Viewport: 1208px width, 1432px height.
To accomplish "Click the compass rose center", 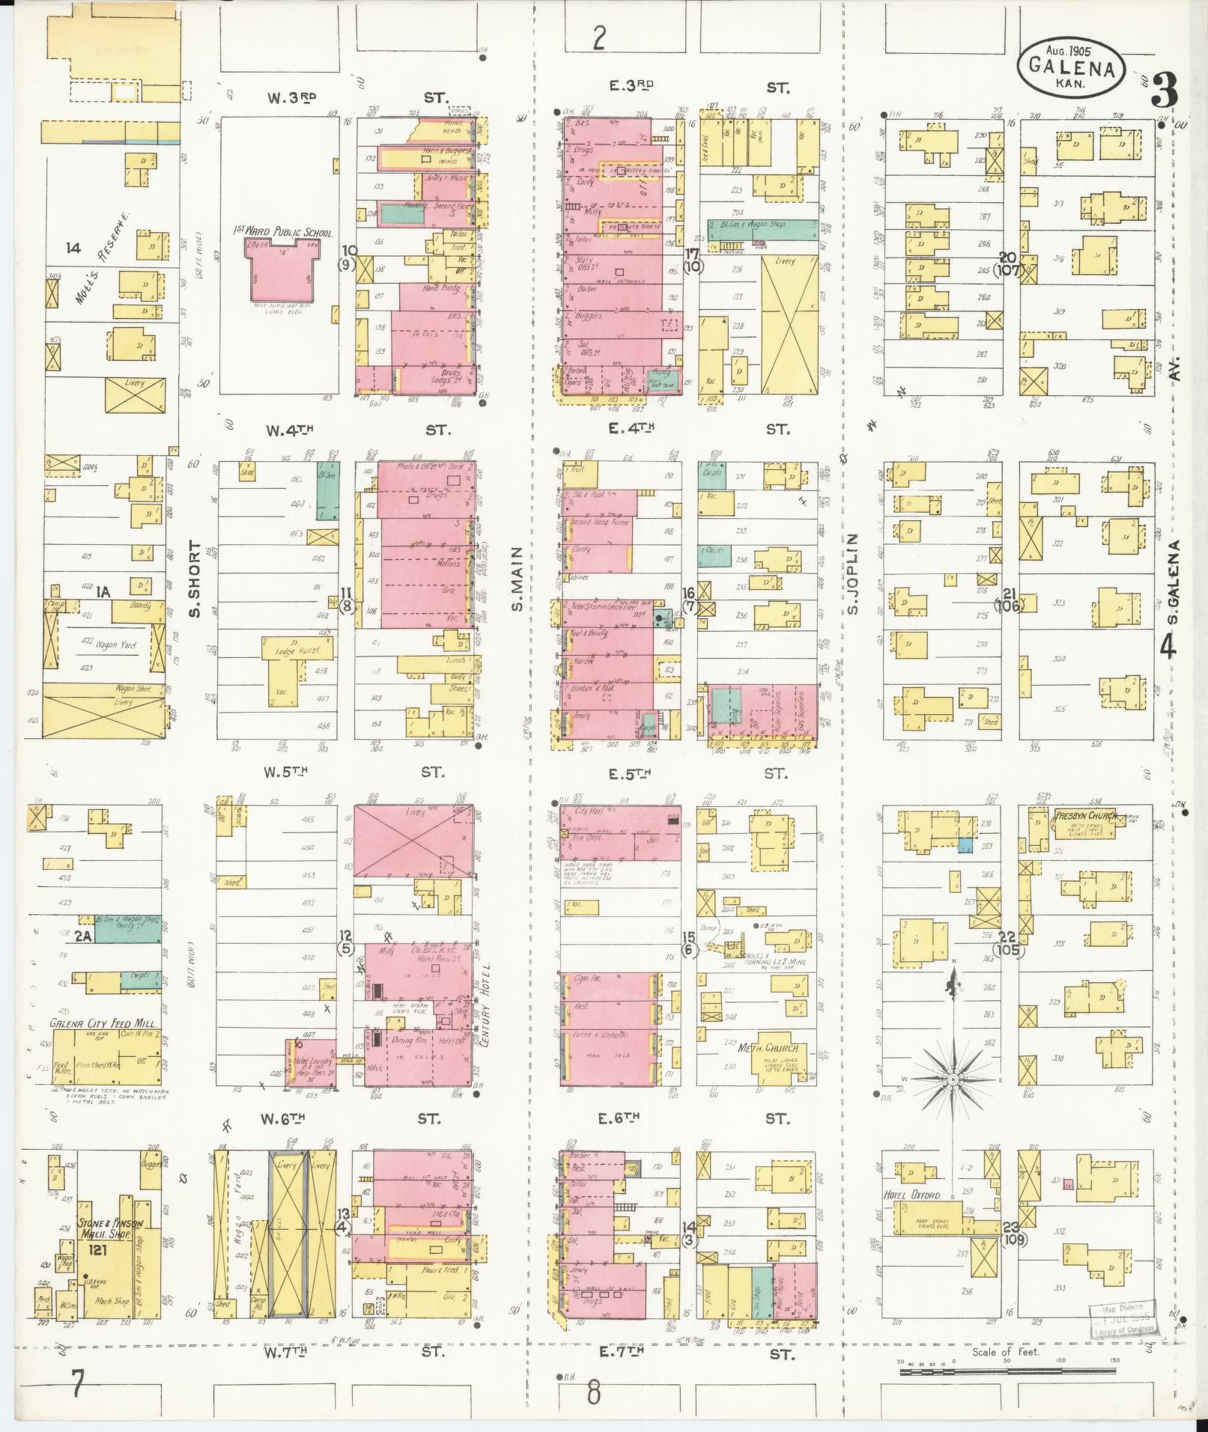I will click(953, 1079).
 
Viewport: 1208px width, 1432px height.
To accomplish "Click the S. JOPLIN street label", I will click(853, 573).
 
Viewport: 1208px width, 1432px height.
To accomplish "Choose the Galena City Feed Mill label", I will click(91, 1023).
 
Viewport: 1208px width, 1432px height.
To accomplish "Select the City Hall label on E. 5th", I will click(588, 811).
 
